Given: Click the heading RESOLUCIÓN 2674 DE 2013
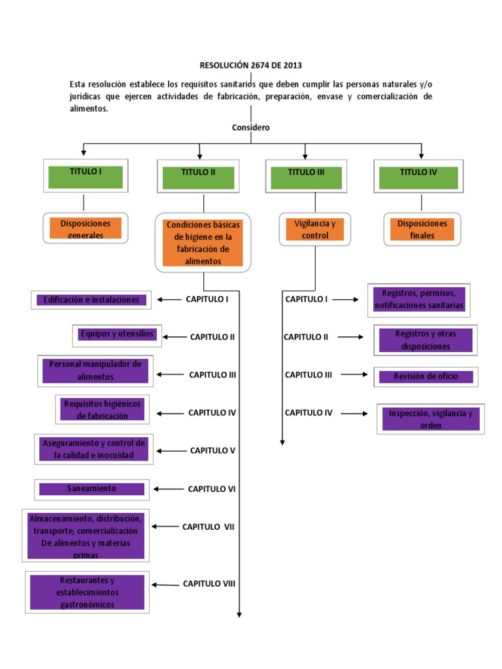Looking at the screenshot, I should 251,65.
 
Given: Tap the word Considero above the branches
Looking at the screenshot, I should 251,127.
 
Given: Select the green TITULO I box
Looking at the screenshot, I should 86,176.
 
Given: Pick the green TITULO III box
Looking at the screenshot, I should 306,177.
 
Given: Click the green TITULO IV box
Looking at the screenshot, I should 418,177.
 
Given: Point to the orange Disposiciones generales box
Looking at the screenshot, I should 86,229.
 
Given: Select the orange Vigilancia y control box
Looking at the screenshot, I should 315,229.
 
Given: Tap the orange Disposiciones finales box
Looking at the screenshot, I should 422,229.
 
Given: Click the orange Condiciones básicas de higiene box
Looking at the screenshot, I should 203,242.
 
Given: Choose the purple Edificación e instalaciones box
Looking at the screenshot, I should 92,300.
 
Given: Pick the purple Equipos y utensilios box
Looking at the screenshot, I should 117,334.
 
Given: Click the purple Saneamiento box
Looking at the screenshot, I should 92,489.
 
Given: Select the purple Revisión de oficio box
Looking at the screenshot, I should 426,376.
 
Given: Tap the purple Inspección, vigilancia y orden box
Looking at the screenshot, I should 430,419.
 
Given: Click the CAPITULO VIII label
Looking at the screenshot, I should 209,584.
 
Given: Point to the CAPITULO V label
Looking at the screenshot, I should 212,450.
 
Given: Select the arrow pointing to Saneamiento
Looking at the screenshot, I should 167,489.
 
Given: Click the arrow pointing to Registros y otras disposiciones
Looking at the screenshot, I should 350,337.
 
